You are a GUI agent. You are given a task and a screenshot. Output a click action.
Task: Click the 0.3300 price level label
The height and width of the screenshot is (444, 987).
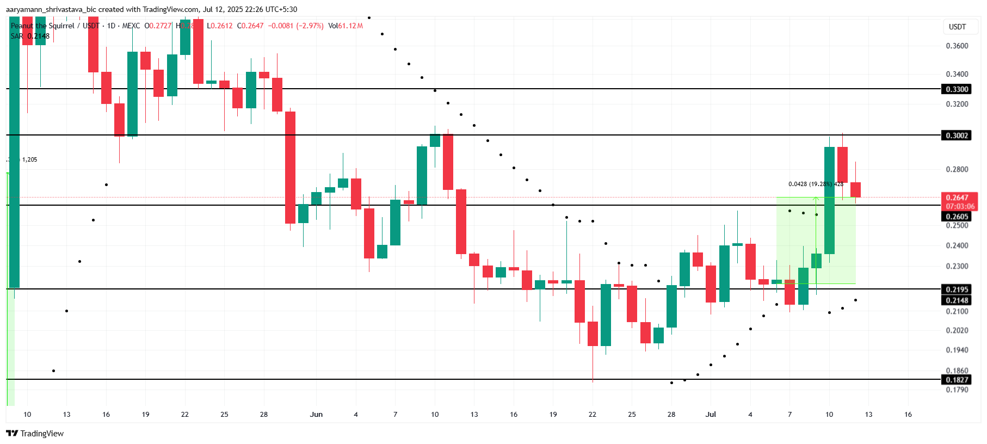(x=957, y=89)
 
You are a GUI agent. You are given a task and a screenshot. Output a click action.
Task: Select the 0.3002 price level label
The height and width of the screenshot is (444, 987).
(x=957, y=135)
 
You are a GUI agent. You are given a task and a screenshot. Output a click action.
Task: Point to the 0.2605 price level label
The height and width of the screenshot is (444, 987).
(x=957, y=217)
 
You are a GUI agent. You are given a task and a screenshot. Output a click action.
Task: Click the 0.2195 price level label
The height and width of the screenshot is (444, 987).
(x=957, y=289)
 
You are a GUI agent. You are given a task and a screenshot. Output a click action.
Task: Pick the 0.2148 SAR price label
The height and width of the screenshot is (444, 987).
(x=957, y=300)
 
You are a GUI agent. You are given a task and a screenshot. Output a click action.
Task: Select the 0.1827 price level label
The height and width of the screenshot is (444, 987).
(x=957, y=380)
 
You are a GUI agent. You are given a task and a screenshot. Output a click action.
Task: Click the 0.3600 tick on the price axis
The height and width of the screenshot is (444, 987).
(x=957, y=46)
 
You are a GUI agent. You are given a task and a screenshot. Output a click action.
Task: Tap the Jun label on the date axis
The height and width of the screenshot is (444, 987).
(x=316, y=415)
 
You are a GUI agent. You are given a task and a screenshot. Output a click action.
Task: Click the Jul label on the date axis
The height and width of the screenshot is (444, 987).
(x=711, y=415)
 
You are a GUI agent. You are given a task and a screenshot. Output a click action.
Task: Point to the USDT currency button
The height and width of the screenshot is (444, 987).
(x=957, y=27)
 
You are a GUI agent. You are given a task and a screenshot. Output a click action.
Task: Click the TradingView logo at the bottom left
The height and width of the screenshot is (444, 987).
(x=35, y=434)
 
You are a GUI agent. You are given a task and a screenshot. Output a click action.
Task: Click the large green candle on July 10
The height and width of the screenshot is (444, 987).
(x=829, y=200)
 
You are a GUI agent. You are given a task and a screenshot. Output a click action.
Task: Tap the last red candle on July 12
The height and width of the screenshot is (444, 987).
(x=855, y=190)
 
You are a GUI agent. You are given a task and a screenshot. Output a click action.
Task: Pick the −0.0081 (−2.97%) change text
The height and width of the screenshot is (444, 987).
(x=295, y=26)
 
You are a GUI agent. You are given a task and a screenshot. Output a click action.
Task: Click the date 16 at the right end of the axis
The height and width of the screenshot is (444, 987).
(x=908, y=415)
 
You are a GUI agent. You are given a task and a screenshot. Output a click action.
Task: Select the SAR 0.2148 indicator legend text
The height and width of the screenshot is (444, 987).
(x=30, y=36)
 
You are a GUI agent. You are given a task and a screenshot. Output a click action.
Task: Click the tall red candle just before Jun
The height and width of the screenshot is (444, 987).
(x=290, y=168)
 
